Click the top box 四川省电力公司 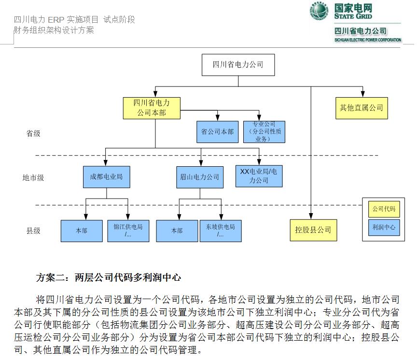pyautogui.click(x=238, y=65)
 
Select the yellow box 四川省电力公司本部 pyautogui.click(x=151, y=108)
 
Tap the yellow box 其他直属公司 pyautogui.click(x=362, y=108)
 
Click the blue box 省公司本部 pyautogui.click(x=217, y=132)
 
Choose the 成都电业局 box pyautogui.click(x=106, y=176)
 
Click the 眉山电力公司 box pyautogui.click(x=199, y=177)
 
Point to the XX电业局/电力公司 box pyautogui.click(x=259, y=176)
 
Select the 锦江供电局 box pyautogui.click(x=128, y=231)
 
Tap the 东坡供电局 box pyautogui.click(x=221, y=231)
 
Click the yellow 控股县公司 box pyautogui.click(x=313, y=230)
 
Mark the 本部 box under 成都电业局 pyautogui.click(x=82, y=231)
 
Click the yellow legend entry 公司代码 pyautogui.click(x=384, y=209)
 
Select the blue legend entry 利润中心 pyautogui.click(x=384, y=227)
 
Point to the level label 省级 pyautogui.click(x=33, y=134)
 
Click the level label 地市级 pyautogui.click(x=33, y=177)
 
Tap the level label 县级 pyautogui.click(x=33, y=230)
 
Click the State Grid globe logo pyautogui.click(x=319, y=11)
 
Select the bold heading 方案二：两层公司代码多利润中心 pyautogui.click(x=109, y=277)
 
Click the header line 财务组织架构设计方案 pyautogui.click(x=54, y=30)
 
